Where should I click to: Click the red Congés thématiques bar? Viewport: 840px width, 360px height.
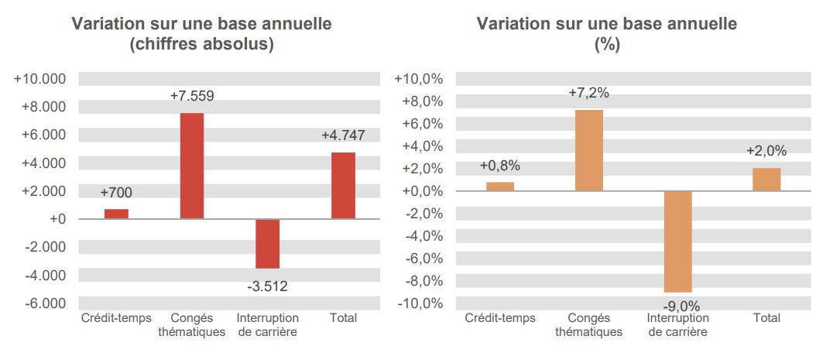point(191,166)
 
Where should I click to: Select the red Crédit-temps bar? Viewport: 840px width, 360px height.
point(116,214)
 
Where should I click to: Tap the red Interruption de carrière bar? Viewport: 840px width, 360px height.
point(267,243)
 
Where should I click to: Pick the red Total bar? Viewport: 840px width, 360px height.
point(343,186)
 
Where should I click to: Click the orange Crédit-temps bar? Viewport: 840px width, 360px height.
point(499,187)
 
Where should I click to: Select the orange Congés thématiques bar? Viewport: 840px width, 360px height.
point(588,150)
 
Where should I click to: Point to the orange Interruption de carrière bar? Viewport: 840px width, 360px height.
point(677,241)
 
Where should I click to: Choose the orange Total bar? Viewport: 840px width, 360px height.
point(766,179)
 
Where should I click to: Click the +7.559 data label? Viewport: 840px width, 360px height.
point(191,96)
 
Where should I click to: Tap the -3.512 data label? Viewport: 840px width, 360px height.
point(267,286)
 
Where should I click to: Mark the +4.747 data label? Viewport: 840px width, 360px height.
point(343,135)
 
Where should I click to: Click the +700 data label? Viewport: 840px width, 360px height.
point(116,192)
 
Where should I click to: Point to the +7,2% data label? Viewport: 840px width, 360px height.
point(588,93)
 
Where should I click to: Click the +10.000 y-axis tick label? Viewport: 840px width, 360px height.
point(40,79)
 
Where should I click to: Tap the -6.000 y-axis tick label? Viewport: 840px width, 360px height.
point(43,303)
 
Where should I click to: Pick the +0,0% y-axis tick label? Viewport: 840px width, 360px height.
point(421,191)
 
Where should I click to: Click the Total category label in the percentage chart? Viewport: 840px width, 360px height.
point(766,318)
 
